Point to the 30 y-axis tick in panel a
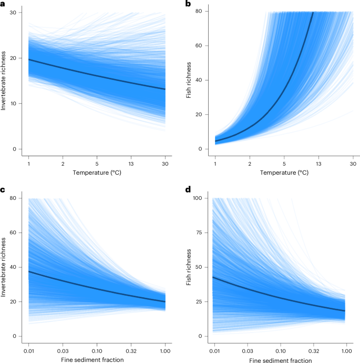pyautogui.click(x=18, y=12)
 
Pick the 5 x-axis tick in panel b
pyautogui.click(x=284, y=164)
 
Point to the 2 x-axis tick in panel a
pyautogui.click(x=63, y=164)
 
